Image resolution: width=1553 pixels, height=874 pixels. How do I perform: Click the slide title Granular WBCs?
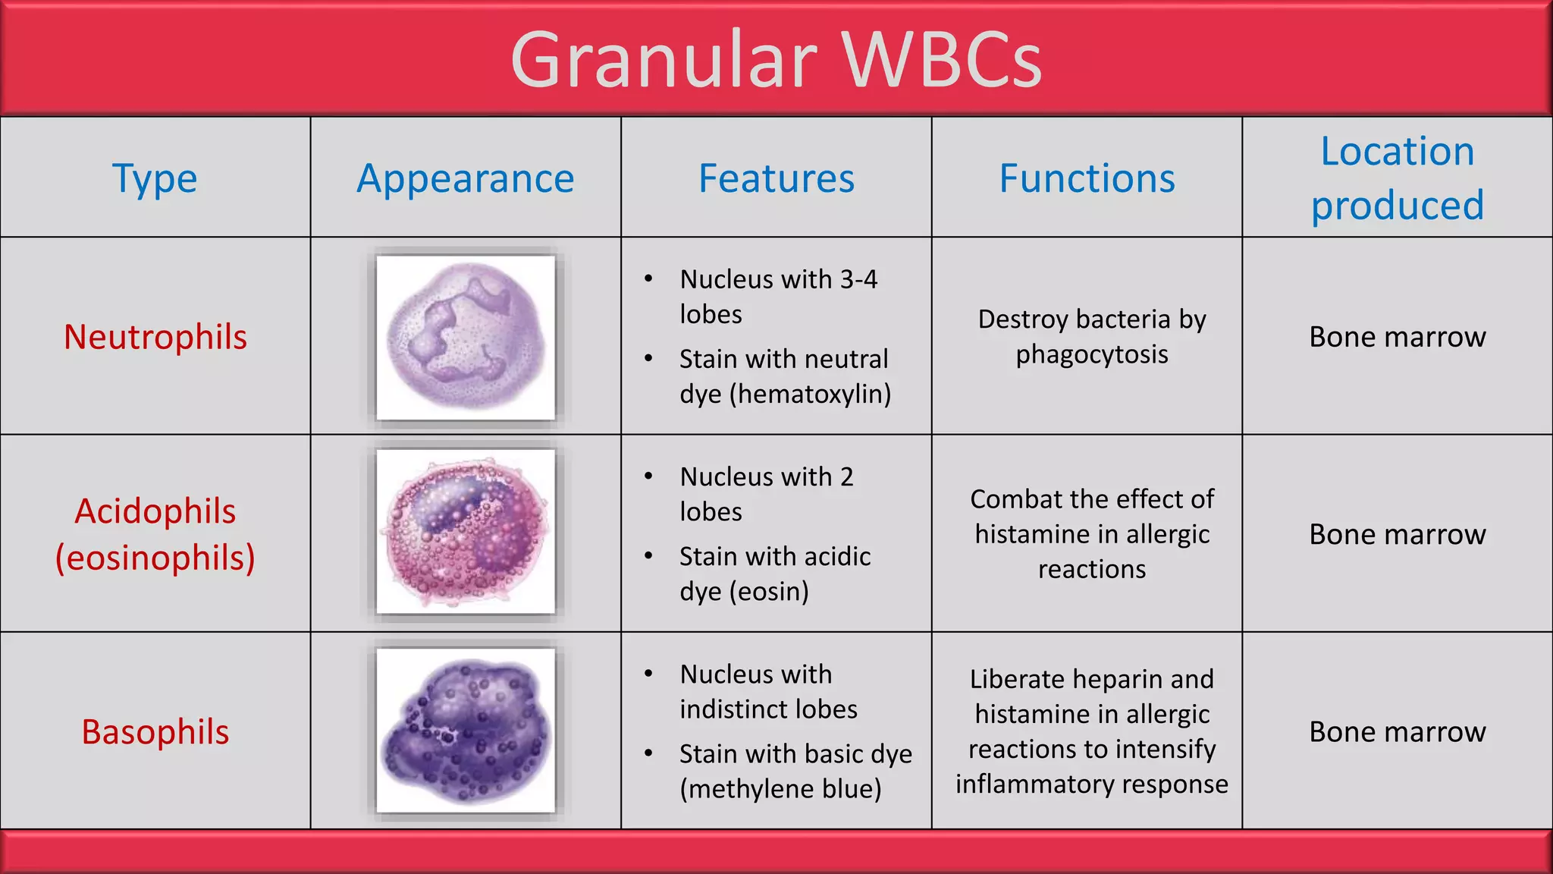776,59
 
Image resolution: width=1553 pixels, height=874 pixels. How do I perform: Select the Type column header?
155,178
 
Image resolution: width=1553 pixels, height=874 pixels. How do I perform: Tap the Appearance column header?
466,178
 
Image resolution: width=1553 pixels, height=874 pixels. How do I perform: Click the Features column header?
776,178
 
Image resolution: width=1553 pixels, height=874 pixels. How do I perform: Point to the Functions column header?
1087,178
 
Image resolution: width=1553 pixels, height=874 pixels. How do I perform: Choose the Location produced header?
1397,178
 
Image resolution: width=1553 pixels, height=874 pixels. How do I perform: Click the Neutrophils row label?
155,337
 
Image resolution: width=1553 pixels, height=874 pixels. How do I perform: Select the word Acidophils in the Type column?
155,511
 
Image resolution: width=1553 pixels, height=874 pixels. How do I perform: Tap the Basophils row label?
155,732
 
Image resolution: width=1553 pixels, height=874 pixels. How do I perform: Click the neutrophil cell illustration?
466,338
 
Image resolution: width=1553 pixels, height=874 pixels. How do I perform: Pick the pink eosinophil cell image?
466,532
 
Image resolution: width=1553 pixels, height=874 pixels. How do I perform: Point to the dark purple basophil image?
466,731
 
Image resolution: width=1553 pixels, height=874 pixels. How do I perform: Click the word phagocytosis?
1092,354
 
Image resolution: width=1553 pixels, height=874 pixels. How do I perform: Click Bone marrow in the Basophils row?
1397,732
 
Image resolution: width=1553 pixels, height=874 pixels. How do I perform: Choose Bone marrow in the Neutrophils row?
1397,337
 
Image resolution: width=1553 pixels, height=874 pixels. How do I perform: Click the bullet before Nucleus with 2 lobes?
648,476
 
